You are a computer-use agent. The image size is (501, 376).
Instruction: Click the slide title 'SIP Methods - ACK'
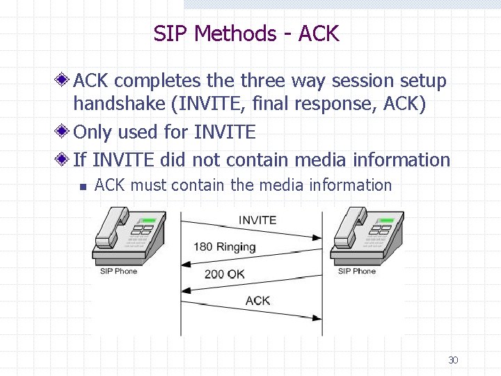tap(246, 33)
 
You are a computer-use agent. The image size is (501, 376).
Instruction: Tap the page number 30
tap(453, 360)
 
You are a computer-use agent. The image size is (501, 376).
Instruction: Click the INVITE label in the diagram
tap(257, 220)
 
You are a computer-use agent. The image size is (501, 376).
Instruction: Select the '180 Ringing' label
tap(225, 247)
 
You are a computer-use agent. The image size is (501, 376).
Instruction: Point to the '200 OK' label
tap(224, 274)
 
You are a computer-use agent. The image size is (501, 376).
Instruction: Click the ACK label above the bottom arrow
tap(257, 300)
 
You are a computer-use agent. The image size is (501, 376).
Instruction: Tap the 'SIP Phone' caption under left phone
tap(118, 271)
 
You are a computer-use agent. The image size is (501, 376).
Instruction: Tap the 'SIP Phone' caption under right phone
tap(356, 271)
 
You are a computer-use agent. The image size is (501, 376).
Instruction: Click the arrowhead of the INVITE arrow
tap(317, 237)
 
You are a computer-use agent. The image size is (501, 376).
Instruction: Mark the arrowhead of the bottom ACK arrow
tap(317, 318)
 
